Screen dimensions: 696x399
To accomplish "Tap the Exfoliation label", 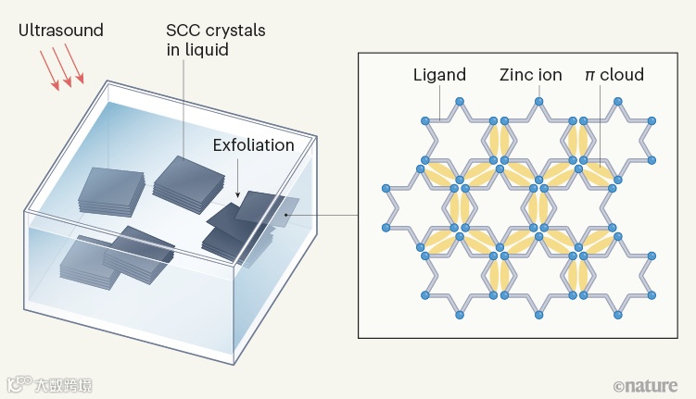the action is coord(253,145).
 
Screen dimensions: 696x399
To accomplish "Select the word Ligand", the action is coord(439,74).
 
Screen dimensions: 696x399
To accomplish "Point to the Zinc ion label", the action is coord(530,74).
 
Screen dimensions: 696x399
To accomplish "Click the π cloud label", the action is coord(614,74).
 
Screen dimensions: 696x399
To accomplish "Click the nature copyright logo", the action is coord(645,384).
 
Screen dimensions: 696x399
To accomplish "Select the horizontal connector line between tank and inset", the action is coord(324,214).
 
